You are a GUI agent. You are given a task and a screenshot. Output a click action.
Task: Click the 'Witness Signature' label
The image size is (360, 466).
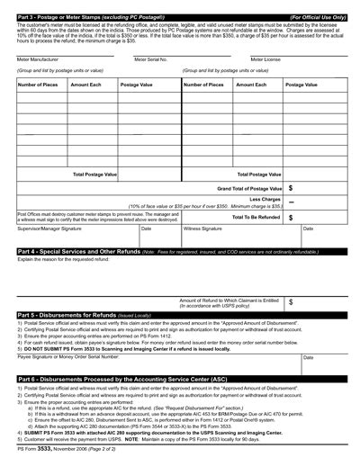(x=207, y=229)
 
